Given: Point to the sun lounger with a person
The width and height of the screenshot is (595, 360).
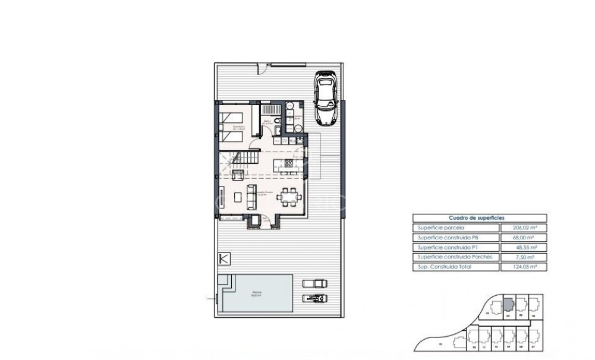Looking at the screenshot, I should click(x=313, y=298).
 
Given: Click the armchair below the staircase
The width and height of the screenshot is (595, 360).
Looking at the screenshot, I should click(x=237, y=175).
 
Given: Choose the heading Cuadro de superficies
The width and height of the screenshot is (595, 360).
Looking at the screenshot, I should click(x=478, y=218).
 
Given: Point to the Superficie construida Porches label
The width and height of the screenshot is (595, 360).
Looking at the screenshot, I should click(x=450, y=257).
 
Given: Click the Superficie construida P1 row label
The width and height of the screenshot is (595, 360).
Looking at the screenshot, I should click(x=445, y=247).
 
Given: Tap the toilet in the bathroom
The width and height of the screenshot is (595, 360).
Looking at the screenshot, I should click(x=296, y=129).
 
